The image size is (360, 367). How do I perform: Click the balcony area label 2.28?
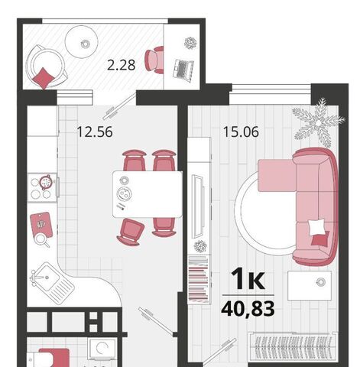tap(121, 65)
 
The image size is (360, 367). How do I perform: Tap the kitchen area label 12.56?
tap(95, 132)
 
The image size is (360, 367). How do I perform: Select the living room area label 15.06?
tap(241, 132)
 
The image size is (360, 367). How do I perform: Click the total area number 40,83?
tap(248, 308)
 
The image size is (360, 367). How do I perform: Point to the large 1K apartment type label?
tap(248, 280)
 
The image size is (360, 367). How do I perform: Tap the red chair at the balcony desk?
tap(154, 60)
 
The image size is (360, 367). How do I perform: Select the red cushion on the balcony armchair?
tap(44, 78)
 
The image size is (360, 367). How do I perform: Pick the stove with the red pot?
tap(42, 188)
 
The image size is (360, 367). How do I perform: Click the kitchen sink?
tap(53, 282)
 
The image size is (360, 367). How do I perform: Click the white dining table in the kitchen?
tap(148, 194)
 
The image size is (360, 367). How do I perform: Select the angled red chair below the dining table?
tap(131, 232)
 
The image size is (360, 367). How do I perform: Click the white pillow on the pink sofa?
tap(316, 227)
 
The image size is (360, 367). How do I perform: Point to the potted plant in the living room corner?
tap(319, 123)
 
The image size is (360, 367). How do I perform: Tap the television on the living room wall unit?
tap(198, 206)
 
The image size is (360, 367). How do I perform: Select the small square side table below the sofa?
tap(310, 285)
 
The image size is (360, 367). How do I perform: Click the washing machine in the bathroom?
tap(102, 350)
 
